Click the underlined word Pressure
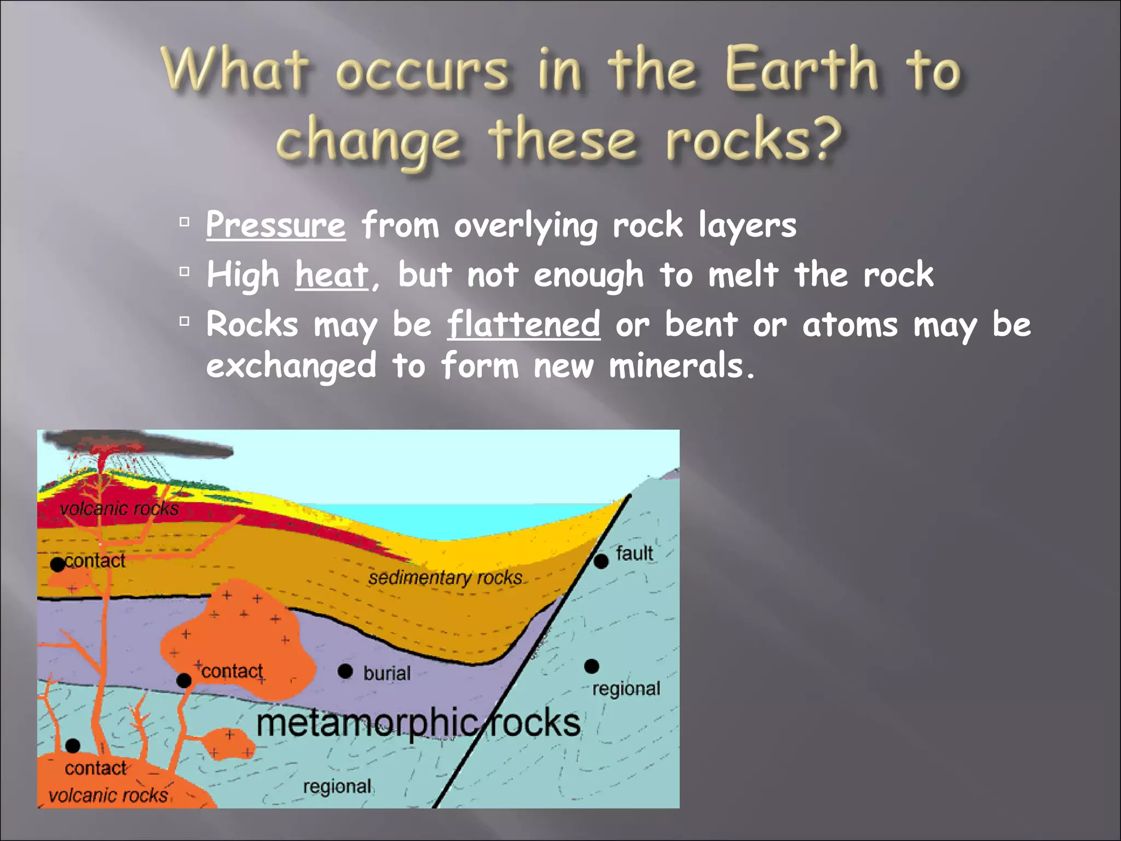(275, 225)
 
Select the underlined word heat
(332, 274)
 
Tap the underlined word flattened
(523, 324)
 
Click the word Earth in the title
(801, 70)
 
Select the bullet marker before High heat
(184, 271)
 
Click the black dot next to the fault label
(601, 561)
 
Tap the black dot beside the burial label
(345, 671)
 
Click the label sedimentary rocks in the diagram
(445, 578)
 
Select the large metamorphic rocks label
(418, 723)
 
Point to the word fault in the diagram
(634, 553)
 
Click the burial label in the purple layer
(386, 673)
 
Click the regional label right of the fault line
(626, 688)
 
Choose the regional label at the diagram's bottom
(337, 786)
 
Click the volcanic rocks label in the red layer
(119, 509)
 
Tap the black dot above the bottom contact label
(73, 745)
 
